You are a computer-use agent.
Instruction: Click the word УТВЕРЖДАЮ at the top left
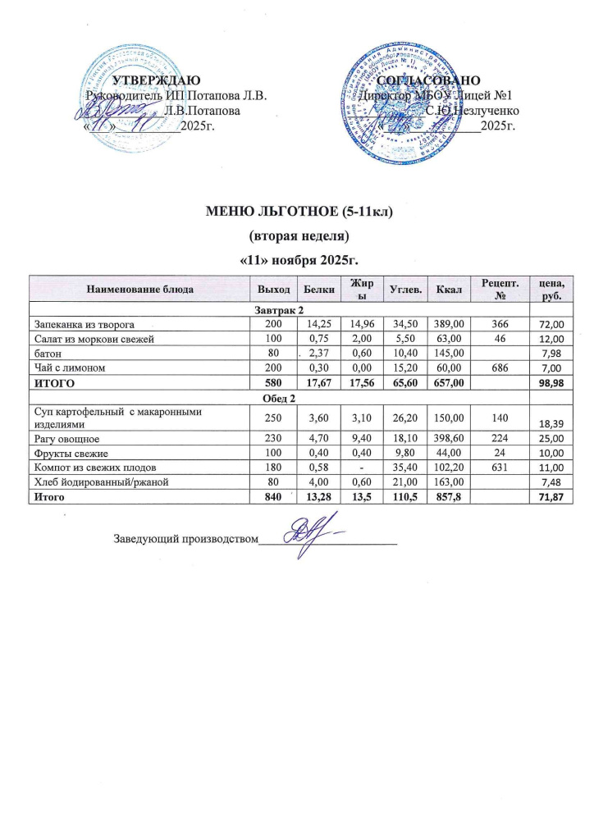coord(154,80)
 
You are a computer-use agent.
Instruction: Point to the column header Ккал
coord(449,290)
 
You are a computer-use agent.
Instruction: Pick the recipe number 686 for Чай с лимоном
coord(498,368)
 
